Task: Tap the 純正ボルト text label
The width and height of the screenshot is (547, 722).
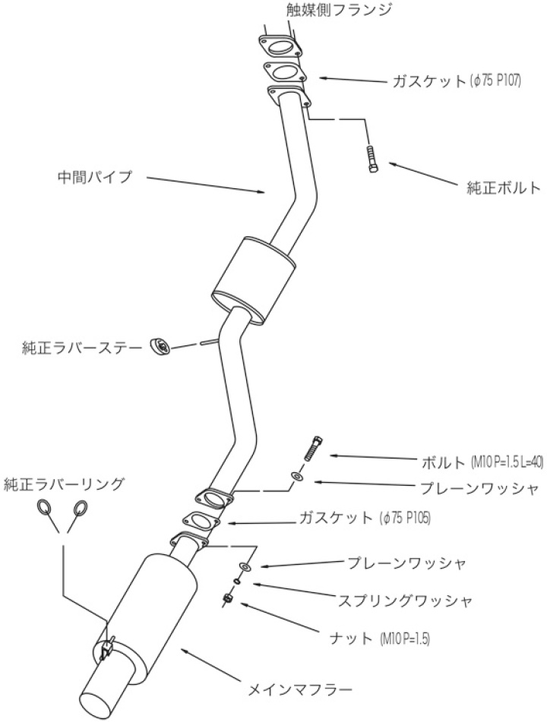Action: pyautogui.click(x=503, y=187)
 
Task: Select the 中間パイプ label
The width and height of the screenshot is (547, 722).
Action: pyautogui.click(x=94, y=178)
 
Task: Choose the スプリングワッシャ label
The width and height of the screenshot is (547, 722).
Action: pyautogui.click(x=405, y=600)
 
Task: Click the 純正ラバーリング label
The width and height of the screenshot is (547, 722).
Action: pyautogui.click(x=64, y=482)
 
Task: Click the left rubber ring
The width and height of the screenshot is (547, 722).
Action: pyautogui.click(x=44, y=508)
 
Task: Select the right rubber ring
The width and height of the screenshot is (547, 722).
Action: pyautogui.click(x=80, y=508)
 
